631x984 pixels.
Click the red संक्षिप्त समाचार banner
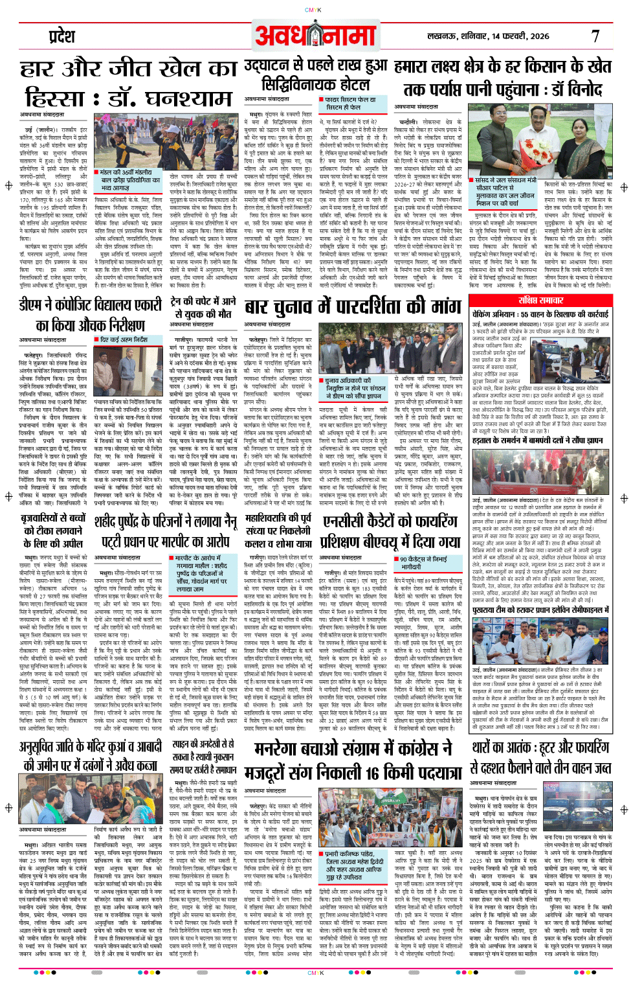tap(541, 300)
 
